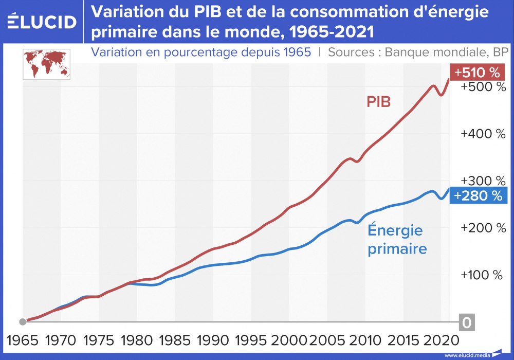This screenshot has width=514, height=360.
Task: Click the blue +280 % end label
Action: coord(478,195)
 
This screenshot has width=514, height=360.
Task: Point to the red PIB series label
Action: coord(378,101)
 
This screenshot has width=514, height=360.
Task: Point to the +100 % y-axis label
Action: coord(482,275)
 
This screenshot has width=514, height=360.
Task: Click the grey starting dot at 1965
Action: coord(23,322)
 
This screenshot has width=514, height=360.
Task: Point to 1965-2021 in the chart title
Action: coord(329,32)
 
